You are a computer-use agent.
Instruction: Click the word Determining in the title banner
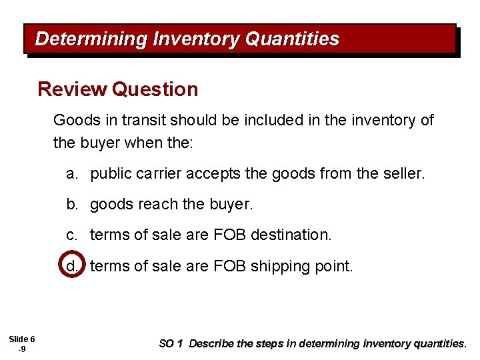point(91,39)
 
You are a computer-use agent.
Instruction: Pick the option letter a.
point(71,175)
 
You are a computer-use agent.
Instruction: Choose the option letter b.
point(71,205)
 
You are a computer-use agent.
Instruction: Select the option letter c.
point(71,235)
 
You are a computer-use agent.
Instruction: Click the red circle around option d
point(71,265)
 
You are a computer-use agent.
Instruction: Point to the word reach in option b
point(155,205)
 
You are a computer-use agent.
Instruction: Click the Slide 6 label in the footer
point(22,339)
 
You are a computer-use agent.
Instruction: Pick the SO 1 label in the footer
point(171,344)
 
